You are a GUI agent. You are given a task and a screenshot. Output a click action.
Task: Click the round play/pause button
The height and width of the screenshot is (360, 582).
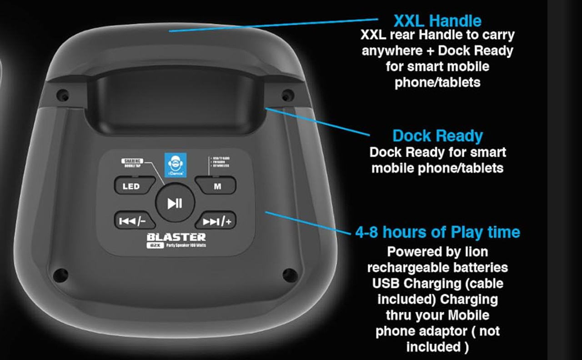(x=175, y=203)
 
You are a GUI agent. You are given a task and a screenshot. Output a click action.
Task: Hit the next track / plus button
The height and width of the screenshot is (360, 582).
(x=216, y=221)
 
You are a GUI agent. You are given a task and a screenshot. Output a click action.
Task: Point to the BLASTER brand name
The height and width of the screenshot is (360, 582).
(x=176, y=237)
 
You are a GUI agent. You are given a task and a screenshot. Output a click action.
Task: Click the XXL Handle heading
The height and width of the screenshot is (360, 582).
(x=437, y=21)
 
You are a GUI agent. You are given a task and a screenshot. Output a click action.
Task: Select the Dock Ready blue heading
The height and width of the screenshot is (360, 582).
(x=437, y=136)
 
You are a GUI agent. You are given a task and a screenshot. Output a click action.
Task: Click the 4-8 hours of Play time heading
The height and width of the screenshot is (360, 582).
(x=437, y=232)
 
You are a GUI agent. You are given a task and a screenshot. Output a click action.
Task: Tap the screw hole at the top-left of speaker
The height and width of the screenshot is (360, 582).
(x=64, y=95)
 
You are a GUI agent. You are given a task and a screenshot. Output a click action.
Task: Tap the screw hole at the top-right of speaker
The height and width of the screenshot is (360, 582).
(x=286, y=95)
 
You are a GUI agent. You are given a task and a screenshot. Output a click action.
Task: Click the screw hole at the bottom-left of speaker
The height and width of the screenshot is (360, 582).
(x=60, y=274)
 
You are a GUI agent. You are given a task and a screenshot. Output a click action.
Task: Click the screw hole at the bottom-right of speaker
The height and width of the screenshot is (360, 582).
(x=290, y=274)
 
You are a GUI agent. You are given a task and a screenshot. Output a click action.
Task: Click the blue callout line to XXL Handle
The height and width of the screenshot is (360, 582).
(x=273, y=25)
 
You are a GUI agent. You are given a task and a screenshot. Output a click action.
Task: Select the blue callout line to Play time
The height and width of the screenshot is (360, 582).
(x=309, y=223)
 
